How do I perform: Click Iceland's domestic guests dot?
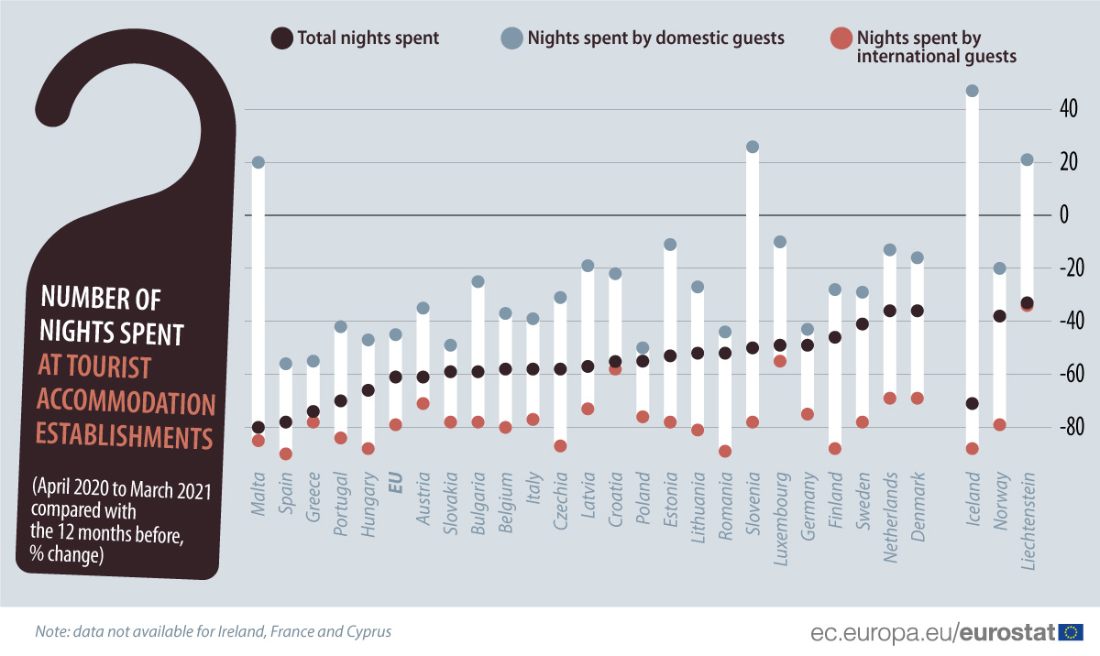(973, 92)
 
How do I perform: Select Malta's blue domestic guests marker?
(258, 162)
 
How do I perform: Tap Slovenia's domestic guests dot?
(753, 147)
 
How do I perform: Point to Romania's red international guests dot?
(725, 451)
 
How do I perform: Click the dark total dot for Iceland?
(973, 403)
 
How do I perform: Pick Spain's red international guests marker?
(286, 454)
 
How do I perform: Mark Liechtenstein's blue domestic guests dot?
(1028, 159)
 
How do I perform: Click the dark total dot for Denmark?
(918, 311)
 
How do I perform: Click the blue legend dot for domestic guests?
(511, 38)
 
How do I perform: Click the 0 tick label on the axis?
(1064, 215)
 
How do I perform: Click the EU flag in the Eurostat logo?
(1071, 632)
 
